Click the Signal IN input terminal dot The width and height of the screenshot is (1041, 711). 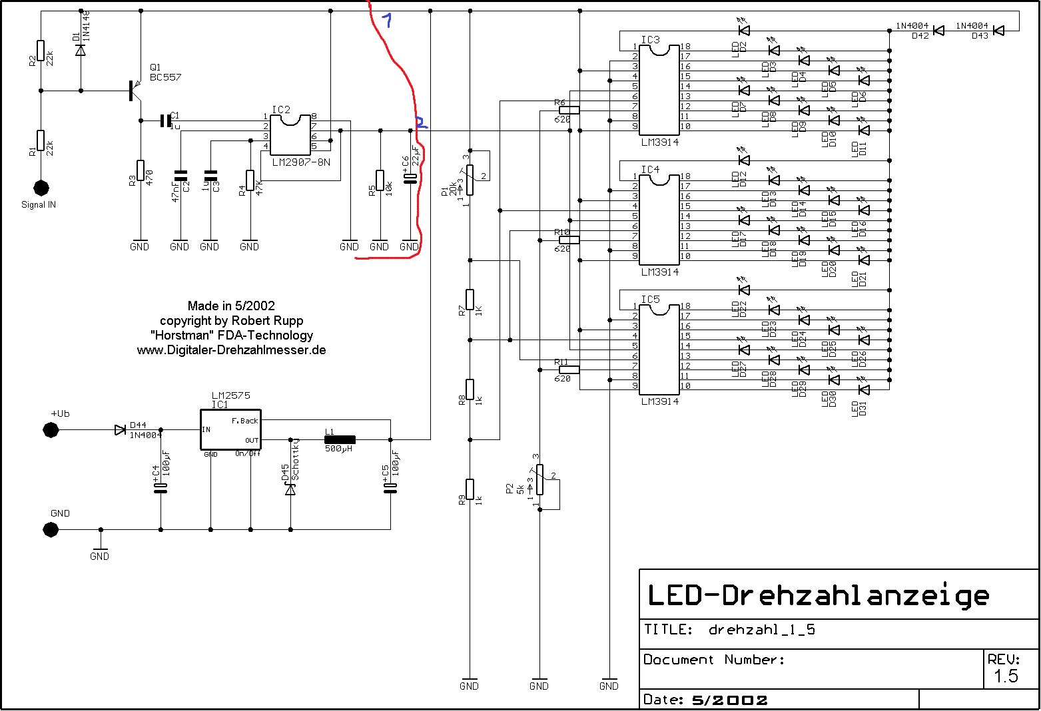[x=41, y=188]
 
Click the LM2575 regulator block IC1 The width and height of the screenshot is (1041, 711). [x=230, y=429]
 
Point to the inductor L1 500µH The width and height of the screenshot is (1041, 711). [x=340, y=439]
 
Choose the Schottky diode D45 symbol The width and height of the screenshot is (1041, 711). [x=290, y=489]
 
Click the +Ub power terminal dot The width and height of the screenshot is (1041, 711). [x=51, y=430]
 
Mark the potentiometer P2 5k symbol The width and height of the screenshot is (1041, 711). [x=540, y=479]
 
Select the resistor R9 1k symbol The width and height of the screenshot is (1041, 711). [x=470, y=489]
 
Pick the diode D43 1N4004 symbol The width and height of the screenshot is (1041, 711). [x=998, y=31]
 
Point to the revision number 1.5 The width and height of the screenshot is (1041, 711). [x=1006, y=676]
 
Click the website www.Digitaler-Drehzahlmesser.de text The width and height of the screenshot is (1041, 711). [x=231, y=350]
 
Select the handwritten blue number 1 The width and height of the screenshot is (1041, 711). [x=386, y=21]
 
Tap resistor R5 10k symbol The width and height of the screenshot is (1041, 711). [x=380, y=180]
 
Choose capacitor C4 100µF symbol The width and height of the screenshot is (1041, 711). [x=161, y=488]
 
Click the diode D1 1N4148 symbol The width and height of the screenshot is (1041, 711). [x=81, y=50]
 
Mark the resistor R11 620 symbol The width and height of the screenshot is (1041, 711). [x=569, y=369]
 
